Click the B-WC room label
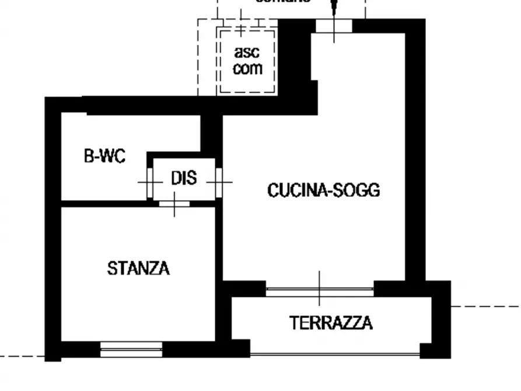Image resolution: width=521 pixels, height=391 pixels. [x=104, y=156]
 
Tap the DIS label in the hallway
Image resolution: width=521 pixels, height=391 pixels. [x=184, y=178]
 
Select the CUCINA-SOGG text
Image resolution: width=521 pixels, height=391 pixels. [x=323, y=190]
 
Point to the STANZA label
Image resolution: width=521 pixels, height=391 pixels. [x=138, y=268]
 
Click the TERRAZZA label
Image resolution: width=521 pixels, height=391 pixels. [x=331, y=323]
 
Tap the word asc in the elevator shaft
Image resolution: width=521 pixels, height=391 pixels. [x=247, y=52]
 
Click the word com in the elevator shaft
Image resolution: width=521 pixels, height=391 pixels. [x=247, y=68]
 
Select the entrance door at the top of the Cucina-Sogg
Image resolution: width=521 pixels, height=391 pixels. [x=334, y=26]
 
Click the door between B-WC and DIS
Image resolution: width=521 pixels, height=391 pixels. [x=150, y=182]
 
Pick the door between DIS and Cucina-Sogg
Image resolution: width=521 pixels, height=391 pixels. [x=219, y=182]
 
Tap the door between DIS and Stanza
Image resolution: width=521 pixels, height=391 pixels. [x=174, y=204]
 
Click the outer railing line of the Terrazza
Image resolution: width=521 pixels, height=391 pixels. [x=335, y=354]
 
